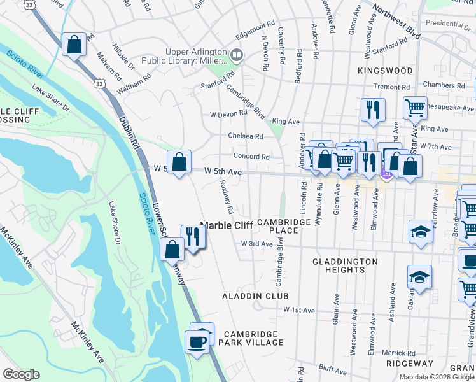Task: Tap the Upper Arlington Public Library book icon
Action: point(237,55)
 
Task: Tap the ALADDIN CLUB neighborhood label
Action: point(255,297)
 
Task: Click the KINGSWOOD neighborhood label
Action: point(385,71)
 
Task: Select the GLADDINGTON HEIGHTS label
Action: point(345,265)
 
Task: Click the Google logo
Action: point(21,374)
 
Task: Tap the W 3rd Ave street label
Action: point(256,244)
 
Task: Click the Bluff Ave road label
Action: point(333,369)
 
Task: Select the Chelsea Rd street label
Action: point(246,136)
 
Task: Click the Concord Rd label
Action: point(251,157)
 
